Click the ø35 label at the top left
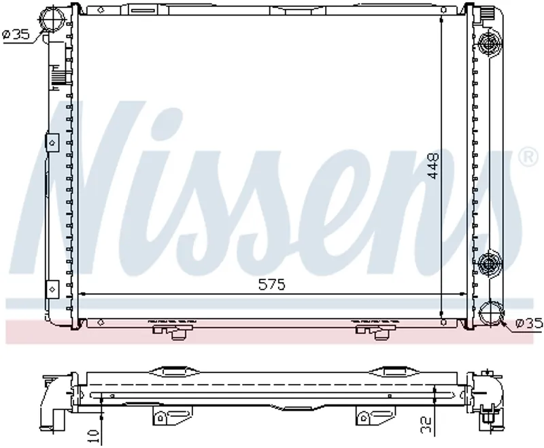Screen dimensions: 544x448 coord(16,34)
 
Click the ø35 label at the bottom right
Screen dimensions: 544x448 coord(529,323)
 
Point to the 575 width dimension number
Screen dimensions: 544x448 coord(271,284)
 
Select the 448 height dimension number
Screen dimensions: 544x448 coord(433,166)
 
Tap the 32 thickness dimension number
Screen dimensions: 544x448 coord(426,424)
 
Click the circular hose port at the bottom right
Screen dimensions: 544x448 coord(490,314)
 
